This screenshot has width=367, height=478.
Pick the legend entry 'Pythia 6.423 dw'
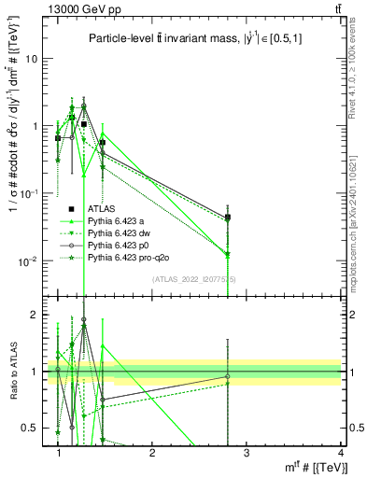[120, 233]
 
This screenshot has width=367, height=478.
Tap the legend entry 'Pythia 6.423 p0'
[120, 245]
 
